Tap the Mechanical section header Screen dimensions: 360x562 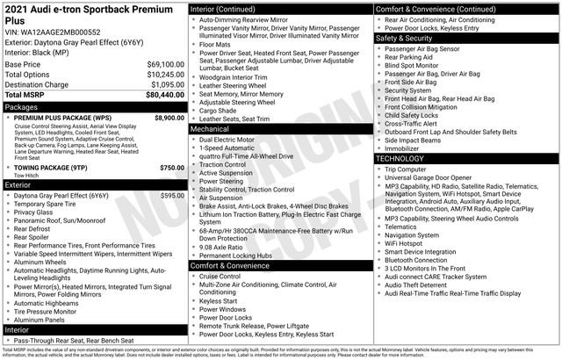[210, 128]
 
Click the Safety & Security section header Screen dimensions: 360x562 [406, 39]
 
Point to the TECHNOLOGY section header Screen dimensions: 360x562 [401, 159]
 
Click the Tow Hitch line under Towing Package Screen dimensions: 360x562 [25, 175]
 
